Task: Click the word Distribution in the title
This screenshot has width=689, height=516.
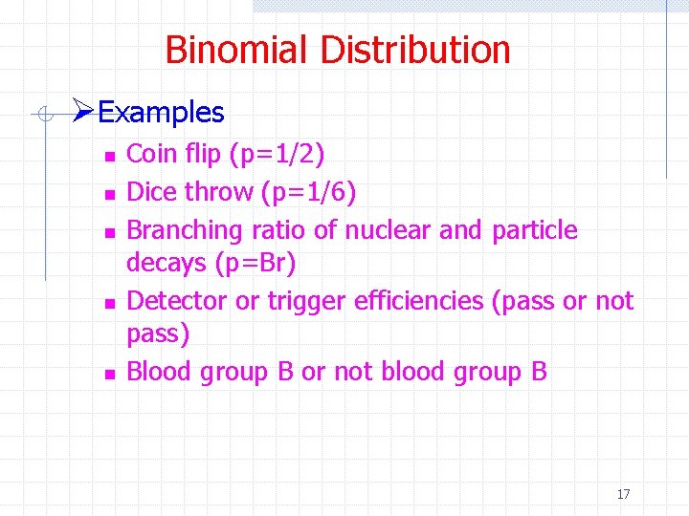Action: (x=412, y=50)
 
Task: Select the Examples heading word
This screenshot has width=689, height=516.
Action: (x=161, y=113)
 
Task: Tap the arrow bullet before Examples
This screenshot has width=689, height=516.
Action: (x=83, y=113)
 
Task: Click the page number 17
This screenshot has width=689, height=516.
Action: (x=623, y=494)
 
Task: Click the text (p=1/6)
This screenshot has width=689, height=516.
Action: (x=308, y=193)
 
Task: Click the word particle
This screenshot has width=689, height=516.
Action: (x=534, y=230)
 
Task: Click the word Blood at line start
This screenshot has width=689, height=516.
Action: (x=160, y=372)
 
